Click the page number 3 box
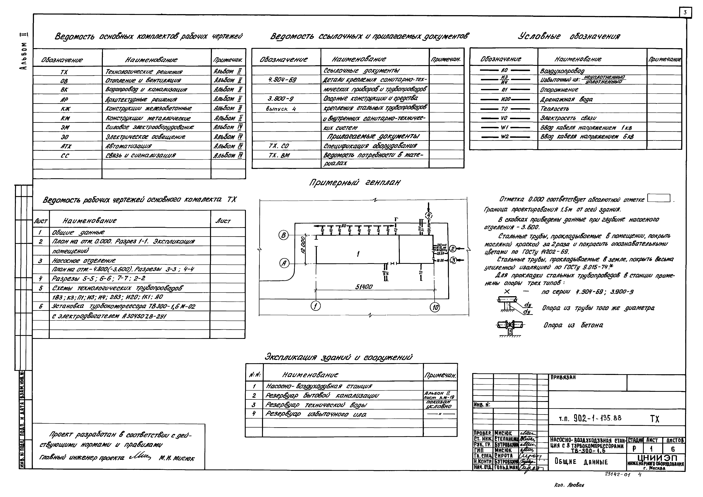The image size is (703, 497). pos(685,13)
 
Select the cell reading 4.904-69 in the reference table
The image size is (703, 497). pos(282,80)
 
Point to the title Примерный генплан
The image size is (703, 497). pos(355,183)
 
